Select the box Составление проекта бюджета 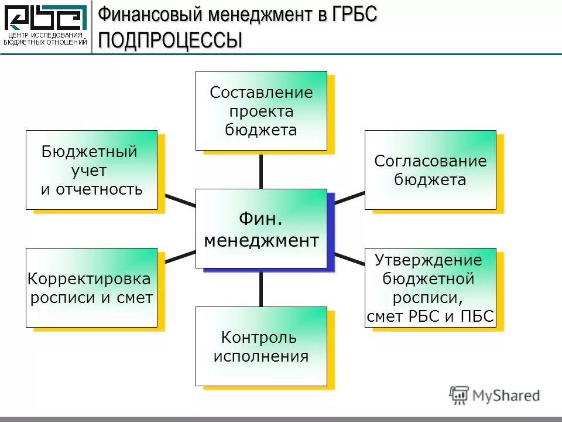coord(261,111)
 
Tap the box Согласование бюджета coord(430,170)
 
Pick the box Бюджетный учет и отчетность coord(91,170)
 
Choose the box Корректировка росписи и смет coord(91,288)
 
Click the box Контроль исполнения coord(261,346)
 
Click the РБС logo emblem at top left coord(46,18)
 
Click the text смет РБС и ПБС coord(430,317)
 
